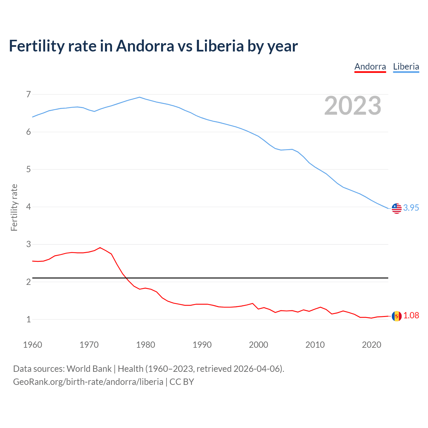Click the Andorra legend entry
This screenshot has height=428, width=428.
tap(370, 67)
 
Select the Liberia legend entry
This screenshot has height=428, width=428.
tap(406, 67)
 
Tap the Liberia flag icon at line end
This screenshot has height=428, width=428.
tap(397, 208)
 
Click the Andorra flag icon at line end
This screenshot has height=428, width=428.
tap(397, 316)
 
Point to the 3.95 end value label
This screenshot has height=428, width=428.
tap(411, 208)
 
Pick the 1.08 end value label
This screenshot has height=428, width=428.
tap(411, 315)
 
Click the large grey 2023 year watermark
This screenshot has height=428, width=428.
tap(352, 106)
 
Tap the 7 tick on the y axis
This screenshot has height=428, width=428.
tap(28, 94)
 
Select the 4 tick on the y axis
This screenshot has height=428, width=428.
tap(28, 207)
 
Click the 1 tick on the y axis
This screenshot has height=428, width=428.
tap(28, 319)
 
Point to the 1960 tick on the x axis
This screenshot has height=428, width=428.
tap(32, 345)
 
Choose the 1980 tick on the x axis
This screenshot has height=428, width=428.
tap(145, 345)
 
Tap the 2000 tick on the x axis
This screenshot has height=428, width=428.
tap(258, 345)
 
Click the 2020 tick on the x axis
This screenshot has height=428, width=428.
tap(371, 345)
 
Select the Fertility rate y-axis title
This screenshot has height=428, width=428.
tap(14, 207)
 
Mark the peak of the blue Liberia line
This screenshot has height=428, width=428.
tap(139, 97)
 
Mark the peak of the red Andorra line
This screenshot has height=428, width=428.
tap(100, 248)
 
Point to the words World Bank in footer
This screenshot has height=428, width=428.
tap(89, 369)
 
